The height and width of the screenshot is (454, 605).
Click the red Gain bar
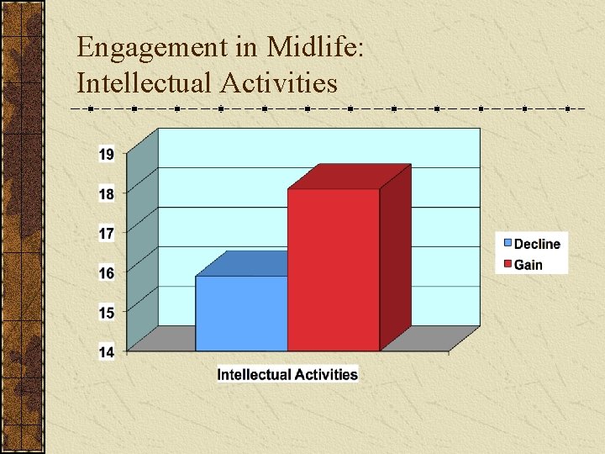click(334, 269)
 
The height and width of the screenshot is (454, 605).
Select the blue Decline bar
click(241, 313)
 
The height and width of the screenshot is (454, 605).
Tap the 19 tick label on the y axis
click(107, 155)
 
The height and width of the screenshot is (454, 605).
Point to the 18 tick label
click(107, 194)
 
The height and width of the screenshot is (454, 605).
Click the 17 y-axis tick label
click(107, 234)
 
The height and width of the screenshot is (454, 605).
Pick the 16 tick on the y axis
click(107, 273)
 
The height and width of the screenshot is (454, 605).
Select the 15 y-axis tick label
click(107, 313)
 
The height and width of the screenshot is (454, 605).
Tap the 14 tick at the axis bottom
click(107, 352)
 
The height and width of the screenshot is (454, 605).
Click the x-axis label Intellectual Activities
click(287, 374)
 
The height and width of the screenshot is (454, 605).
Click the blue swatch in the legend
click(508, 244)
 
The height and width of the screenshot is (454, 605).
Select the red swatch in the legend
click(508, 264)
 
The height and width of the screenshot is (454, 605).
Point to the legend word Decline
click(537, 244)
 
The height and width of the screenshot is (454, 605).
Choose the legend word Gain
click(529, 265)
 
